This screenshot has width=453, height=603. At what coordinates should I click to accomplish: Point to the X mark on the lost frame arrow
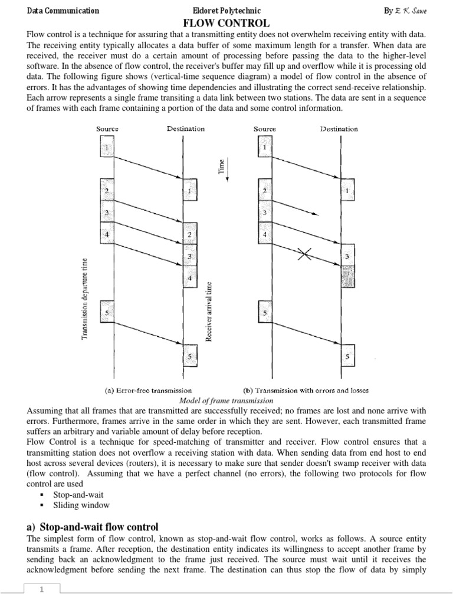[x=305, y=254]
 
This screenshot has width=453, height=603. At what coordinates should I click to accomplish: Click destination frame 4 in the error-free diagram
[x=189, y=277]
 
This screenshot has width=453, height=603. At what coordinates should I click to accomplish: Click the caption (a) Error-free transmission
[x=148, y=390]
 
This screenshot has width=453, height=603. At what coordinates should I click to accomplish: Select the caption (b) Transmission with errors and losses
[x=306, y=390]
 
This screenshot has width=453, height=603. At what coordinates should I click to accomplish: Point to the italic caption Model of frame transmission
[x=226, y=400]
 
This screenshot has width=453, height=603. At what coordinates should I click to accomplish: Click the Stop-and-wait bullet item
[x=78, y=495]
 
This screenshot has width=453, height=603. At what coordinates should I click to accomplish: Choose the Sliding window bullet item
[x=81, y=505]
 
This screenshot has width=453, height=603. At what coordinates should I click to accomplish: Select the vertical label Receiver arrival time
[x=208, y=310]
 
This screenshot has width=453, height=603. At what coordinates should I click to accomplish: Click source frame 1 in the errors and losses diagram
[x=265, y=147]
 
